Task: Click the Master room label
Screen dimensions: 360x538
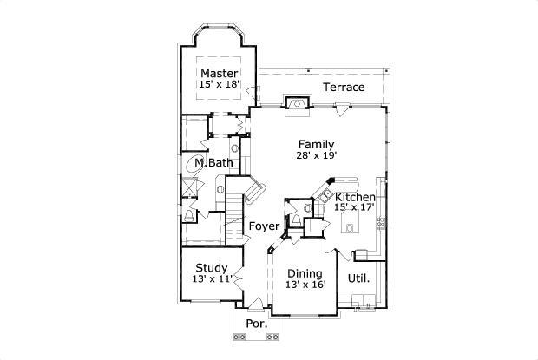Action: click(220, 73)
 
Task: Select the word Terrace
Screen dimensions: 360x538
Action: click(344, 88)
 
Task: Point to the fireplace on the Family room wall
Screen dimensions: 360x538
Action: click(298, 104)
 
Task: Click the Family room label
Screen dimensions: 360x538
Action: click(316, 143)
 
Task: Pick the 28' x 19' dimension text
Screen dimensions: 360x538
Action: click(316, 155)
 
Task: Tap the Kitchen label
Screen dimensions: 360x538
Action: click(355, 197)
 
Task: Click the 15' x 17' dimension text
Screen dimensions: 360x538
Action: click(355, 208)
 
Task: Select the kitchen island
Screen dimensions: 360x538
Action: click(351, 228)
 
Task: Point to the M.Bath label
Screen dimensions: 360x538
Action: click(213, 163)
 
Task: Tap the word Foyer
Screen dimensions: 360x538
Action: click(264, 226)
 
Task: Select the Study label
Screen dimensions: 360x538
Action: click(212, 267)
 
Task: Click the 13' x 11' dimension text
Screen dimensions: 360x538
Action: click(212, 278)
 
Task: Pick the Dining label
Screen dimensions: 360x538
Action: click(305, 273)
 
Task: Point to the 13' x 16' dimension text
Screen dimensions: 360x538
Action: click(305, 285)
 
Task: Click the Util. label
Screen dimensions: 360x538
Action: click(358, 278)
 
